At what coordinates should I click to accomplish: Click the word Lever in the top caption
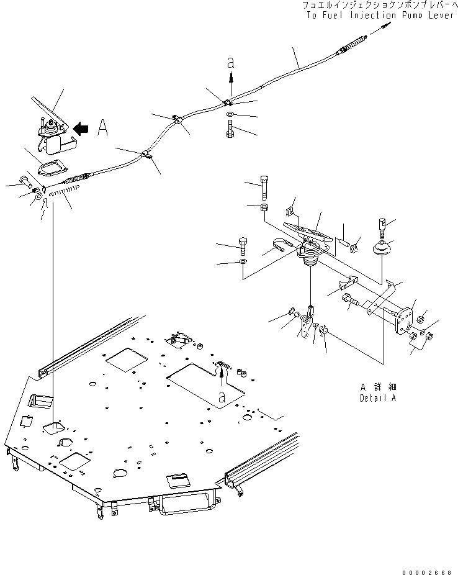pyautogui.click(x=441, y=15)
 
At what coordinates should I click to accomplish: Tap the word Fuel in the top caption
pyautogui.click(x=334, y=15)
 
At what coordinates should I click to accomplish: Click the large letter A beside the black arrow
pyautogui.click(x=103, y=128)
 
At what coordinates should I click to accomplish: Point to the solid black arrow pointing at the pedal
pyautogui.click(x=81, y=129)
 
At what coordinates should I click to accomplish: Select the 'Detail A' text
pyautogui.click(x=378, y=398)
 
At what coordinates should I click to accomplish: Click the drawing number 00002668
pyautogui.click(x=427, y=572)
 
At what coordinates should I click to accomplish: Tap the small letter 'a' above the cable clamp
pyautogui.click(x=230, y=63)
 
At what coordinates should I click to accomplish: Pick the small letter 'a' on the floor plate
pyautogui.click(x=222, y=396)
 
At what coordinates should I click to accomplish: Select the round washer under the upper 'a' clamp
pyautogui.click(x=230, y=114)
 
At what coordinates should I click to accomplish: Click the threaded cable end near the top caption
pyautogui.click(x=353, y=43)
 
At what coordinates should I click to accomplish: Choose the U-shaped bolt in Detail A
pyautogui.click(x=282, y=245)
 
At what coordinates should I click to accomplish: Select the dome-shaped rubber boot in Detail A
pyautogui.click(x=382, y=248)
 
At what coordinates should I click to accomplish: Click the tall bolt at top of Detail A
pyautogui.click(x=265, y=188)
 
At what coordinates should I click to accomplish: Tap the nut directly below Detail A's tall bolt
pyautogui.click(x=264, y=207)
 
